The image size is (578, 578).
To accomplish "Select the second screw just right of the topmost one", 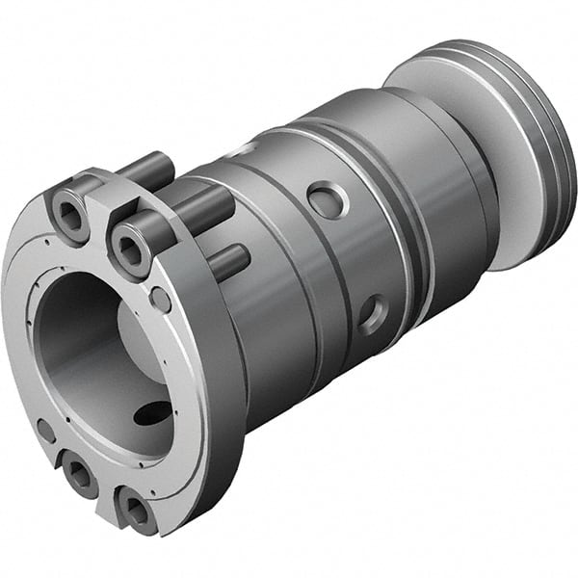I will pyautogui.click(x=132, y=247).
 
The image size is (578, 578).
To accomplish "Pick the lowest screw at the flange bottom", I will pyautogui.click(x=137, y=511).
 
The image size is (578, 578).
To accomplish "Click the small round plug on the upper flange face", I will pyautogui.click(x=161, y=300).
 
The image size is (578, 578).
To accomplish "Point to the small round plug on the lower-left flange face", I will pyautogui.click(x=44, y=430).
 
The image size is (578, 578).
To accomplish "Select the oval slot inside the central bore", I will pyautogui.click(x=152, y=412).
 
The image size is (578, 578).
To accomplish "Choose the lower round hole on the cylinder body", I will pyautogui.click(x=371, y=313).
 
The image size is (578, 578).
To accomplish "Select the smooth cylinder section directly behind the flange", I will pyautogui.click(x=279, y=318).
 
